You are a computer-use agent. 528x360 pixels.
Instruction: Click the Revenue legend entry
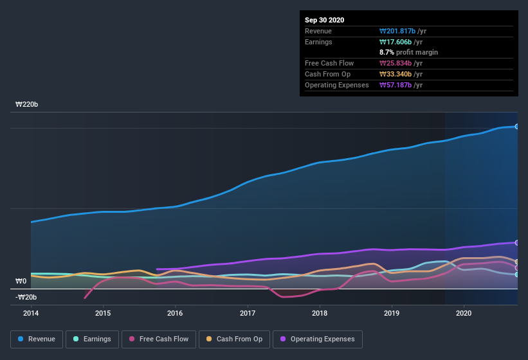coord(36,339)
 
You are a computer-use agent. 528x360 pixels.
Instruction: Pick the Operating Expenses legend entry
coord(317,339)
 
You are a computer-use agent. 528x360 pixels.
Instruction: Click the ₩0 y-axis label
coord(21,282)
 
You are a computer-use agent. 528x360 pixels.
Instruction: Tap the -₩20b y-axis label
coord(26,297)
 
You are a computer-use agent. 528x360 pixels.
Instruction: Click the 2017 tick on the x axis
coord(248,313)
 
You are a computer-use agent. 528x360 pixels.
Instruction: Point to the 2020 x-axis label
coord(464,313)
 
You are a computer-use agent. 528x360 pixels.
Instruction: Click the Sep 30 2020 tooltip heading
coord(324,20)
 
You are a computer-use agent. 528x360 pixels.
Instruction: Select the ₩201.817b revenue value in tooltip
coord(401,31)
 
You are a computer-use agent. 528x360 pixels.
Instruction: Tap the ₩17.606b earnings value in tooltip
coord(399,42)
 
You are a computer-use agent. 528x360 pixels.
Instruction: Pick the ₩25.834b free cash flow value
coord(401,63)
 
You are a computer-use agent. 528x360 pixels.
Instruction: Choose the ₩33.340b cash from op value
coord(401,74)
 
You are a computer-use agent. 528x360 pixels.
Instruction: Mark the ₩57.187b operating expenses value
coord(401,85)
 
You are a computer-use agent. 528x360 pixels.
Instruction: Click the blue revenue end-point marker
coord(516,126)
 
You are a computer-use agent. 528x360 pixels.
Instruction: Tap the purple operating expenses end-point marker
coord(516,242)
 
